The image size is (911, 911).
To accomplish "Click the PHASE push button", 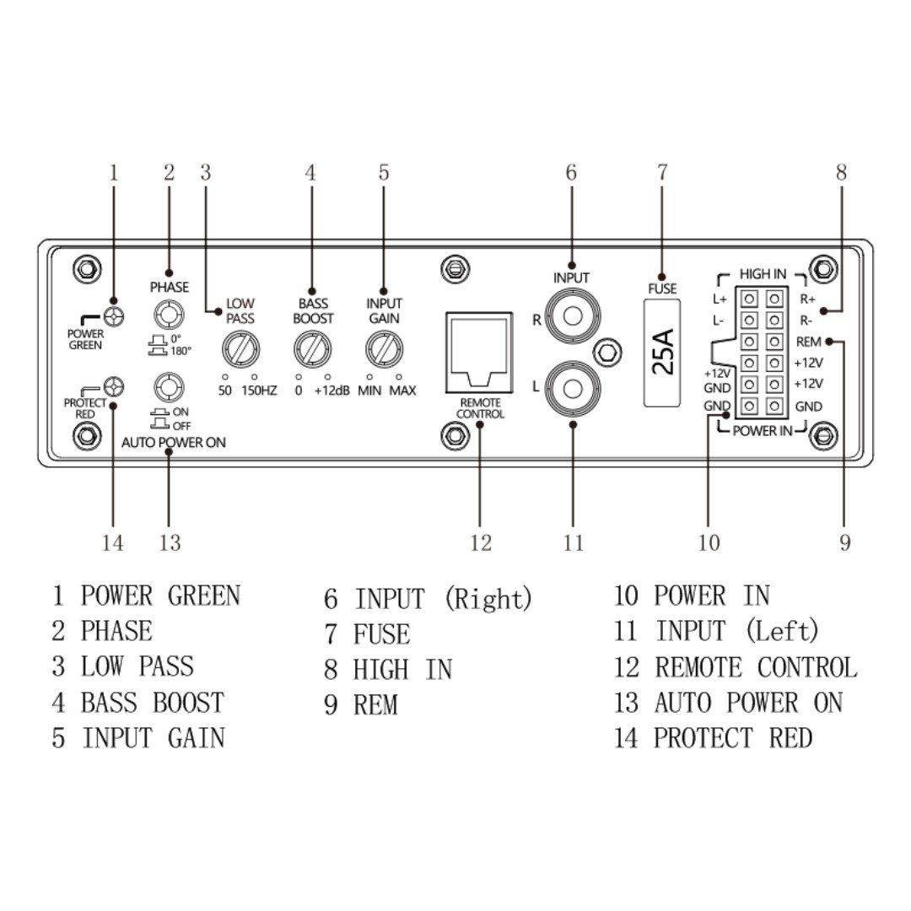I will (x=169, y=315).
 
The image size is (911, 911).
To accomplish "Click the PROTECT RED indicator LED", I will (x=115, y=388).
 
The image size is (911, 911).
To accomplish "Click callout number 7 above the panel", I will (x=662, y=173).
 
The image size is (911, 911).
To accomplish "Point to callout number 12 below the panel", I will (x=481, y=543).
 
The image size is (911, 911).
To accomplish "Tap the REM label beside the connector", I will (x=809, y=342).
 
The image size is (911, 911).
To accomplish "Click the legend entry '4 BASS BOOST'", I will (x=138, y=703).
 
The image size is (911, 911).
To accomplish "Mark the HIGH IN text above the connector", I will (x=763, y=274).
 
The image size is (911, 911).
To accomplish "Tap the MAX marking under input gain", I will (x=402, y=391).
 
